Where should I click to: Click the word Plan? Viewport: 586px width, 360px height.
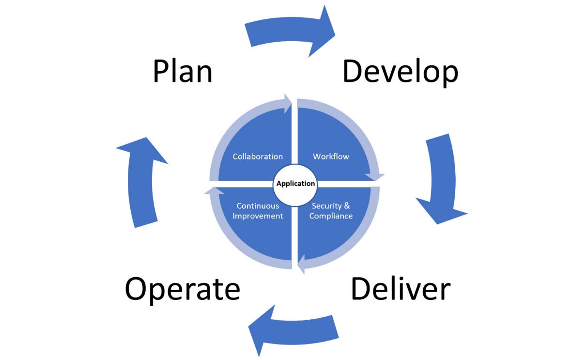tap(183, 72)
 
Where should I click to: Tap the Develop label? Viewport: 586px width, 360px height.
tap(400, 72)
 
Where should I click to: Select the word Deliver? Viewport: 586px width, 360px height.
tap(401, 289)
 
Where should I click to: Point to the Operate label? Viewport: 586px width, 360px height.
tap(183, 289)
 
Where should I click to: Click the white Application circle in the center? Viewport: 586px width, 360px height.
tap(295, 184)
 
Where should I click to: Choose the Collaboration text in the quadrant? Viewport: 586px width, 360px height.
tap(258, 157)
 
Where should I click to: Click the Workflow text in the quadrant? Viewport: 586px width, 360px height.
tap(331, 157)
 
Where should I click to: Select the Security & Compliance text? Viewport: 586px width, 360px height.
tap(331, 211)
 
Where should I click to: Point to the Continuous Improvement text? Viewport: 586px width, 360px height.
tap(258, 211)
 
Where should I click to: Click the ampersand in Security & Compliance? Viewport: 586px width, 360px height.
tap(347, 206)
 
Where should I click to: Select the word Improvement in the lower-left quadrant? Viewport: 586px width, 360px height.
tap(258, 216)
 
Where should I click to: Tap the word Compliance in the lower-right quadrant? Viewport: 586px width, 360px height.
tap(331, 216)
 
